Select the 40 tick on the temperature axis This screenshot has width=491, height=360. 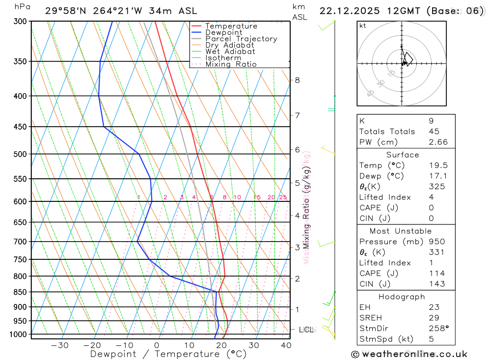285,345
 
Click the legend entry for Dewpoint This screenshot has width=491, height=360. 224,32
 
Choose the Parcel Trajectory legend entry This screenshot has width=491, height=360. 241,39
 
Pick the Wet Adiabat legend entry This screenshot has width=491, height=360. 230,52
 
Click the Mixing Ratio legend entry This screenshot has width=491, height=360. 231,64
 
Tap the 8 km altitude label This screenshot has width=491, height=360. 297,80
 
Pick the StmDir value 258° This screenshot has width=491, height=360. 438,329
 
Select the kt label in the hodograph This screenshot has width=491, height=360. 363,26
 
